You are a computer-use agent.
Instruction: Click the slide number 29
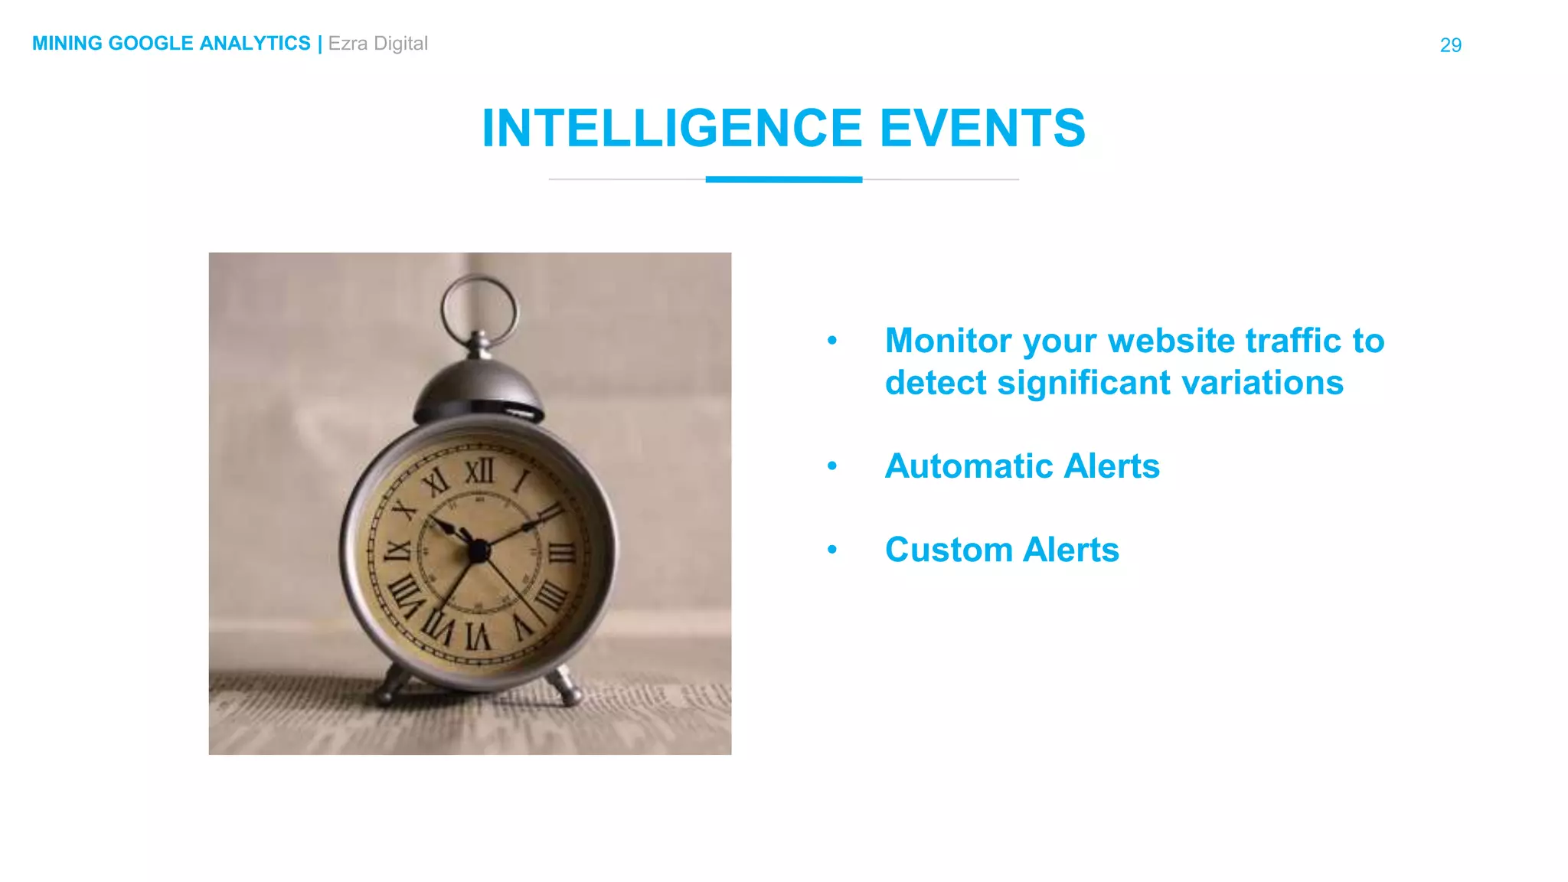pyautogui.click(x=1450, y=45)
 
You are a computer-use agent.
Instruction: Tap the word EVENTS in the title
pyautogui.click(x=982, y=128)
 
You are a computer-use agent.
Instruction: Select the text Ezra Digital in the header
pyautogui.click(x=377, y=44)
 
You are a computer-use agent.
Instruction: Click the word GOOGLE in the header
pyautogui.click(x=151, y=44)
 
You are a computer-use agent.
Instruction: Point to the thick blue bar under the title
pyautogui.click(x=783, y=180)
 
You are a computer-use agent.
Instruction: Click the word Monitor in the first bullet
pyautogui.click(x=948, y=341)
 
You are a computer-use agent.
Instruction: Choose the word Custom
pyautogui.click(x=949, y=550)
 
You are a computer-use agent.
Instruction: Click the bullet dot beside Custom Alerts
pyautogui.click(x=832, y=550)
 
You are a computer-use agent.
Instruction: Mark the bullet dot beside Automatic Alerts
pyautogui.click(x=832, y=466)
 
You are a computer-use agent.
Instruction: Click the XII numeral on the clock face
pyautogui.click(x=480, y=472)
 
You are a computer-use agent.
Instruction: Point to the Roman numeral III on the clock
pyautogui.click(x=562, y=551)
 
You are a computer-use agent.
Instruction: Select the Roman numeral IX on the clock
pyautogui.click(x=397, y=550)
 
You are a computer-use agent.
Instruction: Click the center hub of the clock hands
pyautogui.click(x=479, y=550)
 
